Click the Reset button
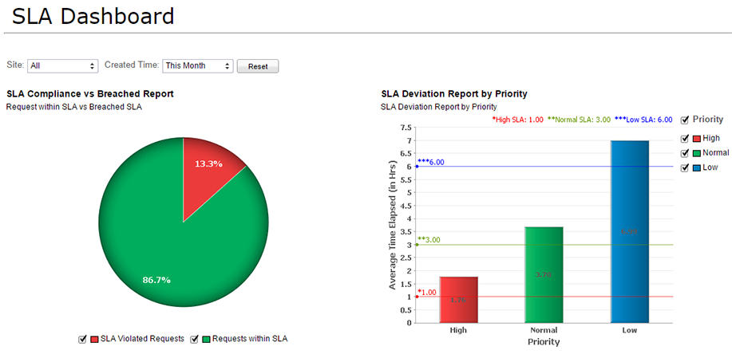click(258, 66)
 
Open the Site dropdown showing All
click(62, 66)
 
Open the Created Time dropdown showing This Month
click(197, 66)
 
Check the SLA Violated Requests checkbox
click(82, 339)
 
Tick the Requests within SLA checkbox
click(194, 339)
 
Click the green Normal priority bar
click(544, 274)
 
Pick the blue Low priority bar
click(629, 231)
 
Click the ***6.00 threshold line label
click(430, 162)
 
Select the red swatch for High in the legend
click(695, 139)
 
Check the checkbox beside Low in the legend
click(684, 167)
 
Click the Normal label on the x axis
click(544, 330)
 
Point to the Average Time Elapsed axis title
click(393, 226)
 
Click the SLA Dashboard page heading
click(93, 15)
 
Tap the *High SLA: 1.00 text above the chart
click(517, 120)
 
